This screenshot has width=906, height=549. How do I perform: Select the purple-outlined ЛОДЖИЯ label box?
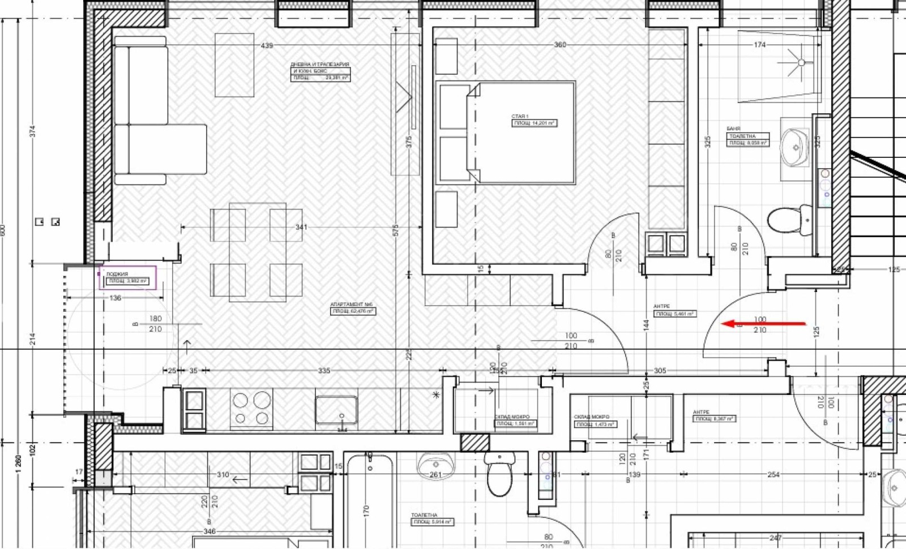(x=128, y=278)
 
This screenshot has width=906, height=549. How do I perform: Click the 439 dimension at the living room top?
(x=267, y=45)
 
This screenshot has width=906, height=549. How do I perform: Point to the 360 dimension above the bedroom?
(x=559, y=45)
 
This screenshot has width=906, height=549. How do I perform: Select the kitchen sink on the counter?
(x=336, y=410)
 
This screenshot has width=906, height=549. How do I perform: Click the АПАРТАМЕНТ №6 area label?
(x=353, y=308)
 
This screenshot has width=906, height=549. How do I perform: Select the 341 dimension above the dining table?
(x=301, y=228)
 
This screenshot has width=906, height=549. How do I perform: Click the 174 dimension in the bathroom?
(x=759, y=45)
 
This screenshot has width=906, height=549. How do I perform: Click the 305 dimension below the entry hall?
(x=660, y=371)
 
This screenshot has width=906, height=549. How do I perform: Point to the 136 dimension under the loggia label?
(x=115, y=298)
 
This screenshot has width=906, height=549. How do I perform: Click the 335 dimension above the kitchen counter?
(x=323, y=371)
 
